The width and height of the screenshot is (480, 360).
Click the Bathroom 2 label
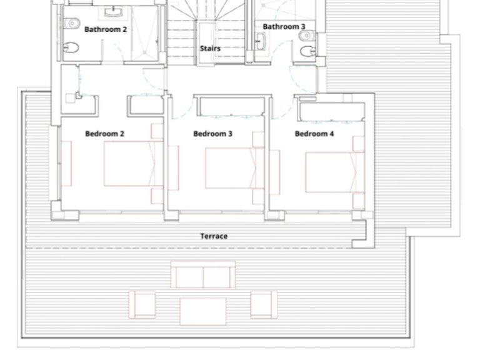[105, 29]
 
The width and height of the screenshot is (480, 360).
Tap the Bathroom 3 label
[284, 27]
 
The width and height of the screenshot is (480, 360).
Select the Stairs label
[210, 48]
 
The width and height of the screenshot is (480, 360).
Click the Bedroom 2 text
[105, 134]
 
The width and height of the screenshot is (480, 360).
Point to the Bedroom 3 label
[212, 134]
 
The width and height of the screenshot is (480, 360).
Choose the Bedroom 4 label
[314, 134]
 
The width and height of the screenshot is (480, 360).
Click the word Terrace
[214, 236]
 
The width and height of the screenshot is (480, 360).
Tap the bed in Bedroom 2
[133, 164]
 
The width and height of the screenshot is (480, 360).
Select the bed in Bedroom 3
[234, 168]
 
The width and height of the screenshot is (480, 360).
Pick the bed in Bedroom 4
[334, 172]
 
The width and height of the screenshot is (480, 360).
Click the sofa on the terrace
[203, 274]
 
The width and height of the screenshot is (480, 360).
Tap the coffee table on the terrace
[203, 311]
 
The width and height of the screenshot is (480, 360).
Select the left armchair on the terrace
[142, 304]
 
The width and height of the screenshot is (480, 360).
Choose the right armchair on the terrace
[264, 304]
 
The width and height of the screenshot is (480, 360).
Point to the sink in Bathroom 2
[114, 12]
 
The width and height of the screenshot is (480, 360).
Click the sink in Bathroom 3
[261, 41]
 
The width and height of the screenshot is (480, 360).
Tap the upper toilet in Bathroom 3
[307, 36]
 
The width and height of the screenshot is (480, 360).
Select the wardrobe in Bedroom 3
[229, 106]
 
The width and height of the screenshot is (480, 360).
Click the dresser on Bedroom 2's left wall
[66, 164]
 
